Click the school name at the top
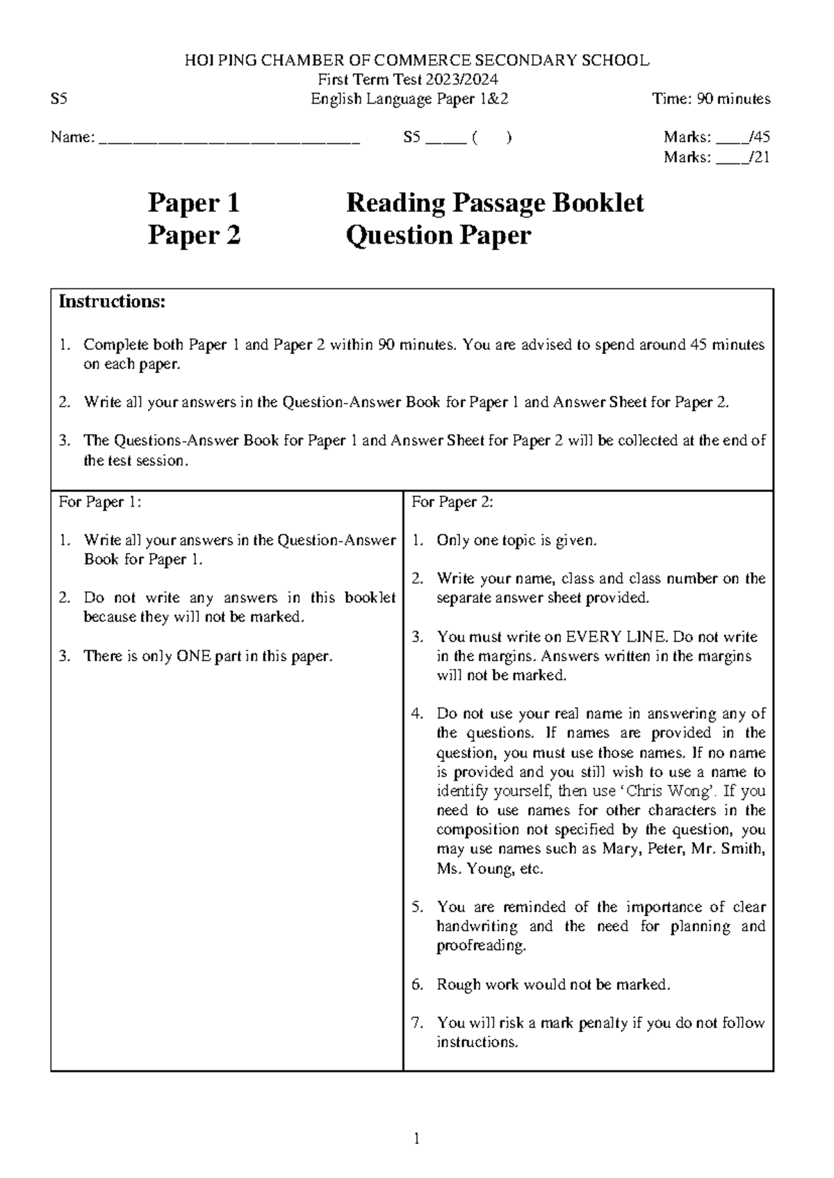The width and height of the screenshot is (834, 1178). (417, 60)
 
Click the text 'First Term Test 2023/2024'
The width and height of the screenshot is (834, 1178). (407, 80)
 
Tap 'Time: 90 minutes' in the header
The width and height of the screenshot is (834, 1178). (711, 99)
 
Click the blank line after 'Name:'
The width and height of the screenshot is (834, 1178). (230, 138)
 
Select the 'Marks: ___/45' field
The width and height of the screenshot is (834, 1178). (717, 138)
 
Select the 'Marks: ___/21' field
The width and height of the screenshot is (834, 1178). (717, 158)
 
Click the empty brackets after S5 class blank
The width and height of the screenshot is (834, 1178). (491, 138)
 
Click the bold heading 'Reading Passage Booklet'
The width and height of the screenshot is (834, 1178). (495, 203)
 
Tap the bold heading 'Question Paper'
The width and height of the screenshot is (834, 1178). (439, 235)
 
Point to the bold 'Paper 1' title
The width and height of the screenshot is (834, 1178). (194, 203)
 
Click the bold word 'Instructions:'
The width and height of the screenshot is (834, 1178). (112, 301)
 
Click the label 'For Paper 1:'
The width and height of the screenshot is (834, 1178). (100, 502)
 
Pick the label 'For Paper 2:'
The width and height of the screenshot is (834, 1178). (452, 502)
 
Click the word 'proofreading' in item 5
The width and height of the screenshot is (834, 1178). (480, 946)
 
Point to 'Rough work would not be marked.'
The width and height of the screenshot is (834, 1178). (553, 984)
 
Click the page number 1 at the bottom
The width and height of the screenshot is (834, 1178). (416, 1138)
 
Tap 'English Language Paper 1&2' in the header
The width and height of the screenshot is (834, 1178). (409, 99)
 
